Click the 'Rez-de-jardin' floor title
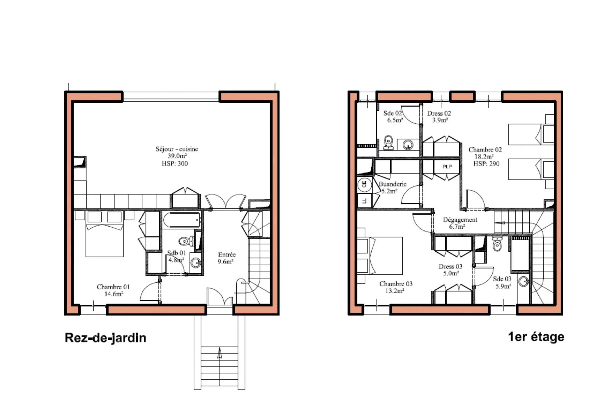click(105, 338)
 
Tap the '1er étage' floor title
click(536, 337)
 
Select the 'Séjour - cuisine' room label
click(177, 149)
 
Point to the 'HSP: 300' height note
click(175, 164)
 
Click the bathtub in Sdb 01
click(182, 220)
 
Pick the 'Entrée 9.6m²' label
click(226, 258)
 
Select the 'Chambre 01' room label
click(113, 287)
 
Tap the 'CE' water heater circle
click(364, 185)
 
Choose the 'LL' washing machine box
click(364, 201)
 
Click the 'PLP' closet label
click(447, 167)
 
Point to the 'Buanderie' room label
click(393, 184)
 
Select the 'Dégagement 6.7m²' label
click(460, 223)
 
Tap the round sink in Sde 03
click(523, 281)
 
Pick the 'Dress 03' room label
click(450, 266)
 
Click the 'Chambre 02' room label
click(485, 150)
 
